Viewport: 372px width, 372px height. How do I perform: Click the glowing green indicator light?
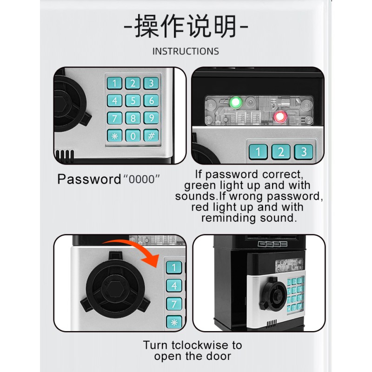click(x=236, y=102)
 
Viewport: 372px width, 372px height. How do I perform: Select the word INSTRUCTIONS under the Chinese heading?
click(x=186, y=51)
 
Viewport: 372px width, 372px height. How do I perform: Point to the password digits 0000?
click(x=142, y=179)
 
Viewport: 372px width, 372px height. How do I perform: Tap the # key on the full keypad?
click(x=151, y=135)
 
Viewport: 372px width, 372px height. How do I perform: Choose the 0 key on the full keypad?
click(x=133, y=136)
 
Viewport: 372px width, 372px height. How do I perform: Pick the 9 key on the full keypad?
click(x=151, y=118)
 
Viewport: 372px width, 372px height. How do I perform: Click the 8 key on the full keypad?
click(x=133, y=118)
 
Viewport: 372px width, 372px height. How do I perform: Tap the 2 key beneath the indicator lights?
click(x=281, y=152)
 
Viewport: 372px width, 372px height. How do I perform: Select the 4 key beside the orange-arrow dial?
click(x=174, y=286)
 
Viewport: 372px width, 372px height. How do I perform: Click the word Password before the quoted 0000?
click(x=89, y=179)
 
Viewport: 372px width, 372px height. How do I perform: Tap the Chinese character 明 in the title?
click(x=225, y=26)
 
